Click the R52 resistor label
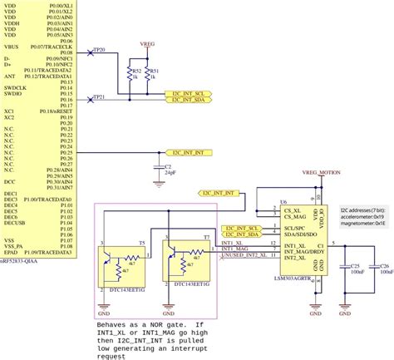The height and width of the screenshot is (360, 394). click(x=135, y=72)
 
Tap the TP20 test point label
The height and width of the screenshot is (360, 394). click(x=99, y=51)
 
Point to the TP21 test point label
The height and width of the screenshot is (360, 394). click(x=99, y=97)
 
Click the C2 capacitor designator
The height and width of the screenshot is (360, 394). click(x=170, y=166)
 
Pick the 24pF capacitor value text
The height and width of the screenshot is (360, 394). click(x=171, y=173)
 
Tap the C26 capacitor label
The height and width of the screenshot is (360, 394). click(x=384, y=265)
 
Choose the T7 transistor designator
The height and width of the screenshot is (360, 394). click(x=206, y=237)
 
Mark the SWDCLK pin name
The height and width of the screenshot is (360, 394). click(x=15, y=87)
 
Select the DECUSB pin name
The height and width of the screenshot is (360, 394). click(x=14, y=223)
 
